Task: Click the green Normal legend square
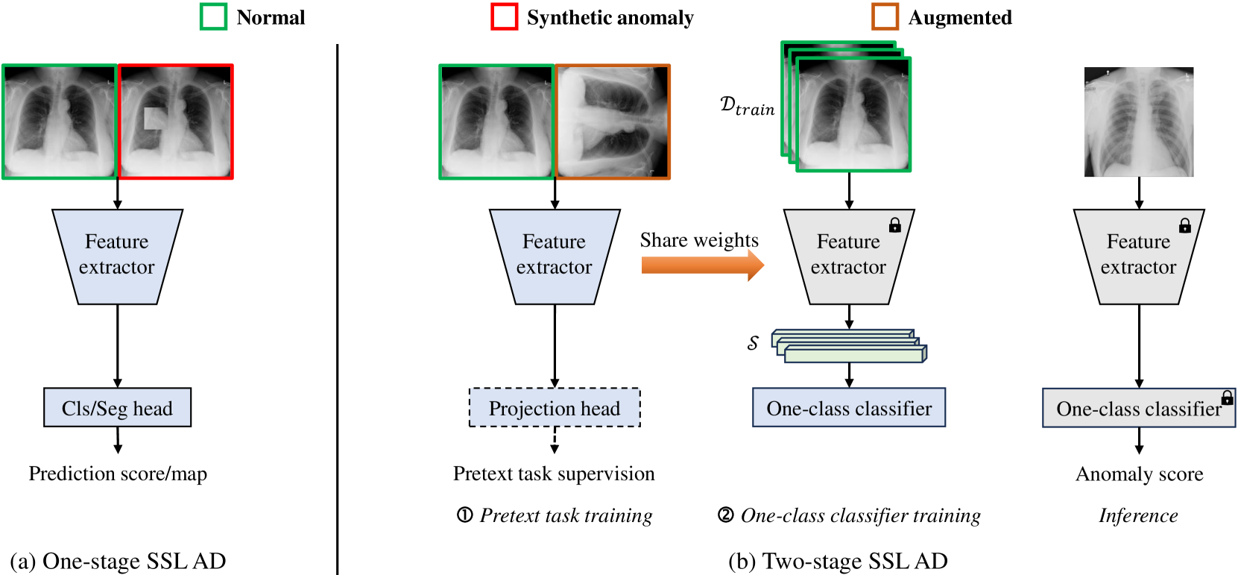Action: [213, 17]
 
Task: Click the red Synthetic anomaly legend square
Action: [504, 17]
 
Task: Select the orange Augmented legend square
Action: [885, 17]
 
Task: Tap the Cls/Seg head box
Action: [118, 408]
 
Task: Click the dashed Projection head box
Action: [555, 408]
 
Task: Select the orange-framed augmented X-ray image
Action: [613, 122]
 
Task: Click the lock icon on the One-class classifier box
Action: [1227, 398]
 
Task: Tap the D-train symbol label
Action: [747, 106]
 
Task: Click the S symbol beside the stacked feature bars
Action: [753, 342]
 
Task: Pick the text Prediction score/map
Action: [118, 474]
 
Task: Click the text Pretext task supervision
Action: [554, 474]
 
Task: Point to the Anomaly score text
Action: [1139, 474]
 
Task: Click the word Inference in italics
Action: [1138, 515]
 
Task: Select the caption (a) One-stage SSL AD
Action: [118, 561]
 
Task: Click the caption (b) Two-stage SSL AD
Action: [838, 561]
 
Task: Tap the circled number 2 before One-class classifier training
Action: [725, 515]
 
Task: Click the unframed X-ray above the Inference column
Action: [1139, 122]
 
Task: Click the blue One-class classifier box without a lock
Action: [849, 408]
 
